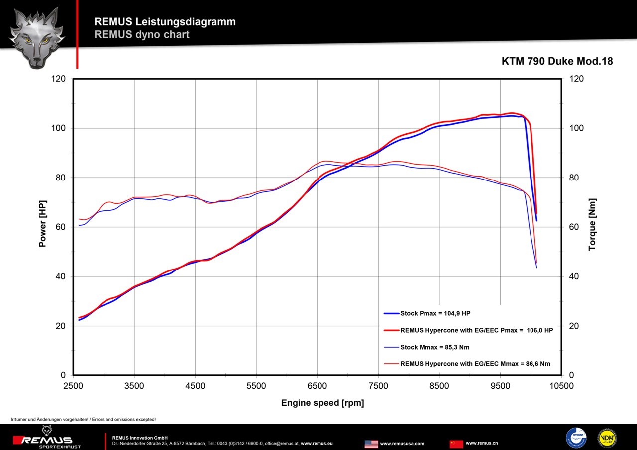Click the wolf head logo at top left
[x=34, y=37]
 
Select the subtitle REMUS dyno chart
[x=141, y=35]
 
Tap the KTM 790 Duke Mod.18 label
[x=557, y=61]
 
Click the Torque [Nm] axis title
[x=592, y=224]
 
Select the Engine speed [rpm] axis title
[x=322, y=403]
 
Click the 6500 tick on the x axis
[x=318, y=386]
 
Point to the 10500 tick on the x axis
[x=561, y=386]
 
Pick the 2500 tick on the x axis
[x=73, y=386]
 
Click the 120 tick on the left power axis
[x=59, y=79]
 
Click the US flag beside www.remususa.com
[x=371, y=443]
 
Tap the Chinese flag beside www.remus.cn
[x=456, y=443]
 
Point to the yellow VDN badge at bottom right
[x=607, y=438]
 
